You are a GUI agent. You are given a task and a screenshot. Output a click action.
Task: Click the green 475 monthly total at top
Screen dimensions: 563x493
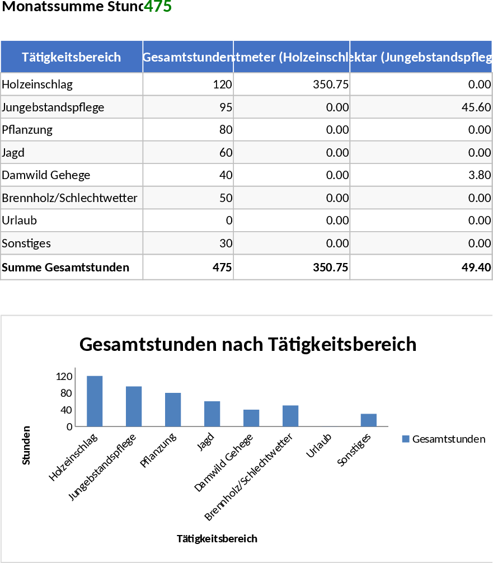158,7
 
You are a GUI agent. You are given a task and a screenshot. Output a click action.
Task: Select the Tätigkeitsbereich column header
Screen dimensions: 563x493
71,57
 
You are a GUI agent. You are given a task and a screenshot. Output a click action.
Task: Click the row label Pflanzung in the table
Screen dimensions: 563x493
27,130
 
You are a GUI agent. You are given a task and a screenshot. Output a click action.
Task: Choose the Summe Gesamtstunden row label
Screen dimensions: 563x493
65,268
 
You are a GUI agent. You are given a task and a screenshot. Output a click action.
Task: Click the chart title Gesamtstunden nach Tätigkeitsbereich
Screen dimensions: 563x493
248,344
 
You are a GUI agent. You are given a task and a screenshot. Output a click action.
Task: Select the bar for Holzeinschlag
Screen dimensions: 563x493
95,401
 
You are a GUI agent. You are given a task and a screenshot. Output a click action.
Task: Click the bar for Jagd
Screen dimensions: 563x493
212,414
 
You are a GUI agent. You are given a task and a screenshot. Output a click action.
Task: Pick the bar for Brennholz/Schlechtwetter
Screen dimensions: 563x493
290,416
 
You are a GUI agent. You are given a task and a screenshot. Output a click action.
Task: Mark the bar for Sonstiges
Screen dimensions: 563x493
369,420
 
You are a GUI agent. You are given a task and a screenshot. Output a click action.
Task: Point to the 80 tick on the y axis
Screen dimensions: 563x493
66,393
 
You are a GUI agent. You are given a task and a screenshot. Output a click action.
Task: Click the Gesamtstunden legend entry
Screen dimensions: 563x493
444,439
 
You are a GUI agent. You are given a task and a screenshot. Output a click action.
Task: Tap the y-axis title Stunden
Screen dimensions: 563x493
26,445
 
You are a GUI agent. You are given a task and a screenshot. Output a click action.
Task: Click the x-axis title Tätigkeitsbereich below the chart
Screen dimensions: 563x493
217,538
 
